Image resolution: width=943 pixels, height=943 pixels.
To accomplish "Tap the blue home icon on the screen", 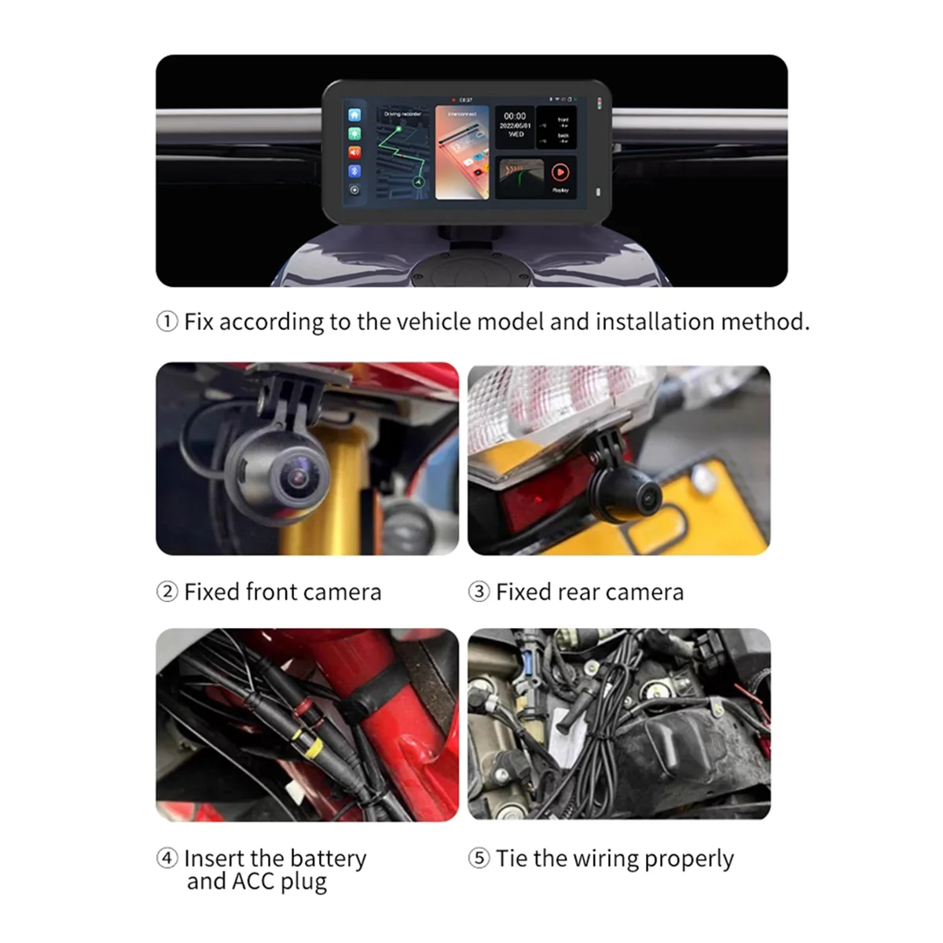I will coord(354,116).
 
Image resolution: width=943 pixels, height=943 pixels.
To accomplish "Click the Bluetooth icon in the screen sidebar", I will coord(354,171).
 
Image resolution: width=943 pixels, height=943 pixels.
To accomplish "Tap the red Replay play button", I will coord(560,172).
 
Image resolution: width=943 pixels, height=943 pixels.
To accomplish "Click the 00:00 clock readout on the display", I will coord(515,116).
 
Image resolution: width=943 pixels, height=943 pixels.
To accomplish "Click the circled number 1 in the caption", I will coord(167,321).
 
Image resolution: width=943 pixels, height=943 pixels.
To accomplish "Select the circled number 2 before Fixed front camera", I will coord(167,592).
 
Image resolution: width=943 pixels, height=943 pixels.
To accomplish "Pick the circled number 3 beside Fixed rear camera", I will coord(479,592).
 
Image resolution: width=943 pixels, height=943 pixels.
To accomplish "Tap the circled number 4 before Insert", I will coord(167,858).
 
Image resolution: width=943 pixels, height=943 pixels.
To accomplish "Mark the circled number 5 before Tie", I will coord(479,858).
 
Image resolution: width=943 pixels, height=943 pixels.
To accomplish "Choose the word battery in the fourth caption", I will coord(328,858).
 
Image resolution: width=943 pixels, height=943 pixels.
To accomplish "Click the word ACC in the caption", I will coord(252,882).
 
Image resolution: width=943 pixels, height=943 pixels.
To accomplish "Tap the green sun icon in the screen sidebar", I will coord(354,134).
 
